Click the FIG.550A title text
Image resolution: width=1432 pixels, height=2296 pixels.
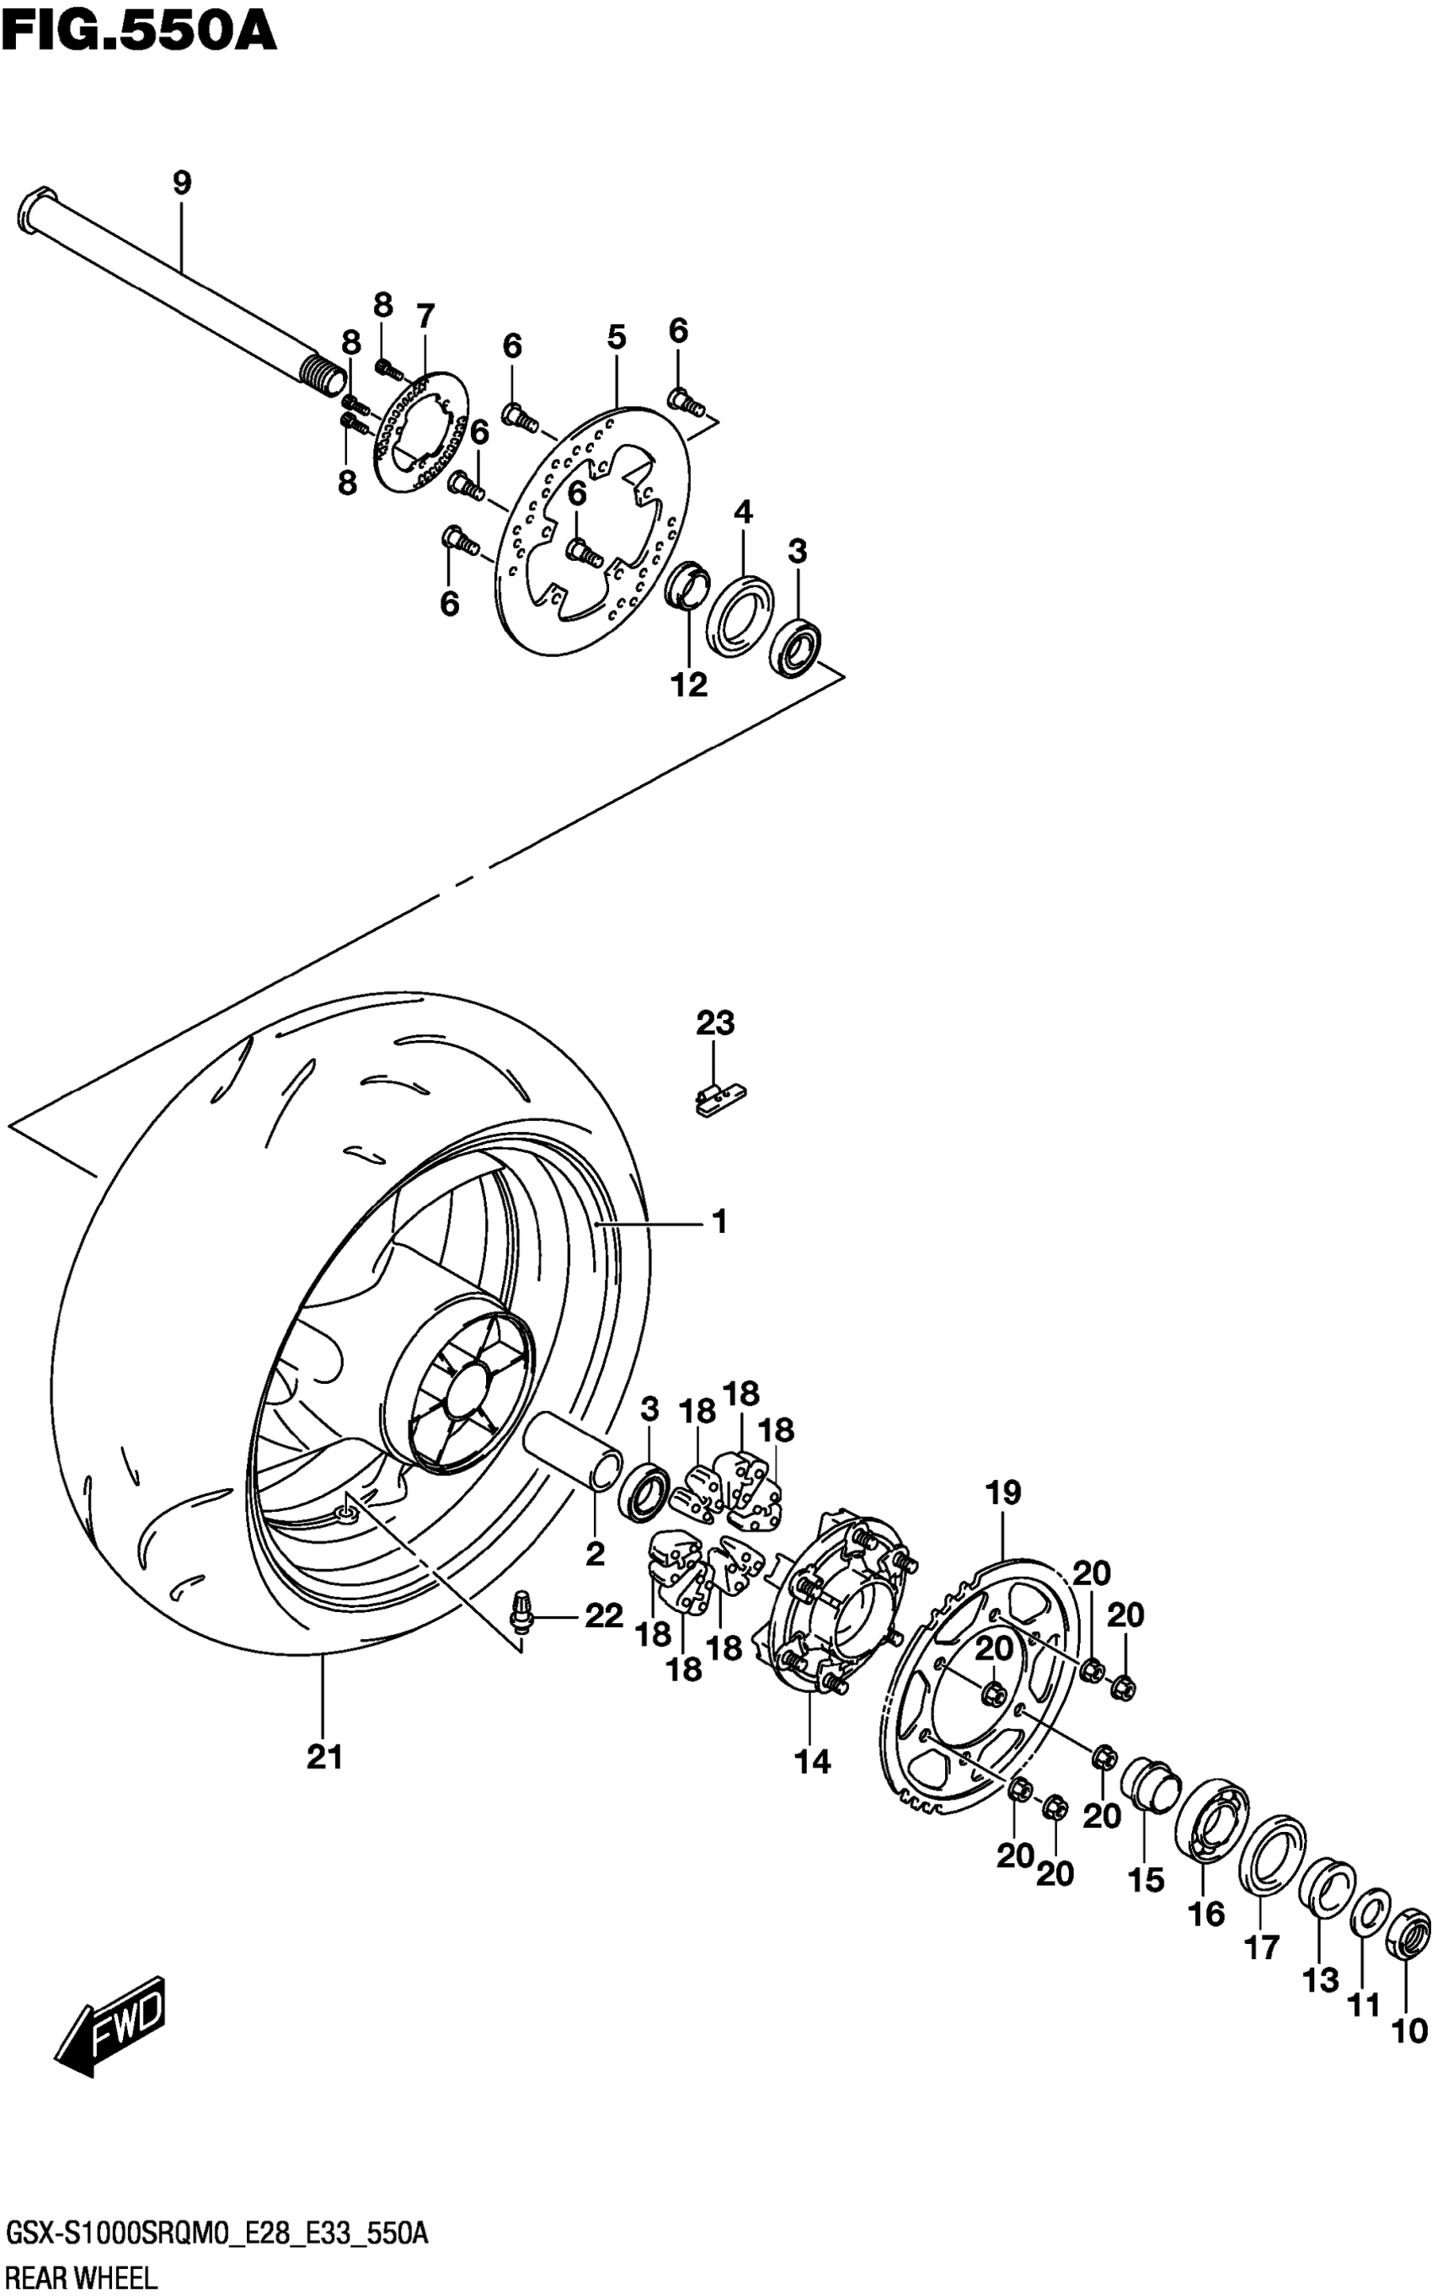point(139,30)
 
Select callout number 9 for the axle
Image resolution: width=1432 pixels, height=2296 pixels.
point(182,183)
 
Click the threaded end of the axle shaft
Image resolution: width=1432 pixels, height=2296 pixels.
point(325,374)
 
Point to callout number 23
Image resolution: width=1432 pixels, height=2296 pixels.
point(715,1023)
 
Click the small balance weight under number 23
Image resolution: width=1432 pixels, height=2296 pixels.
point(719,1099)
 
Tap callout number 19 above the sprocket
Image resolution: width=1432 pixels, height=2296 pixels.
point(1004,1493)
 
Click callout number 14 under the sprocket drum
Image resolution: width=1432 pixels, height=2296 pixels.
point(813,1761)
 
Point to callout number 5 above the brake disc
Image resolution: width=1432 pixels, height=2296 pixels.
point(617,336)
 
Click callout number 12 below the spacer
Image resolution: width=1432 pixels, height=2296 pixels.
point(690,685)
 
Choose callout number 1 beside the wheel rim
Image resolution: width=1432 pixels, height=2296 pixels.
point(719,1222)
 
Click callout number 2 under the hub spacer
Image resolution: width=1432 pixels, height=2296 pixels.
point(595,1554)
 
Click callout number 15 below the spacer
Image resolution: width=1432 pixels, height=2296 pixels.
point(1146,1879)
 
